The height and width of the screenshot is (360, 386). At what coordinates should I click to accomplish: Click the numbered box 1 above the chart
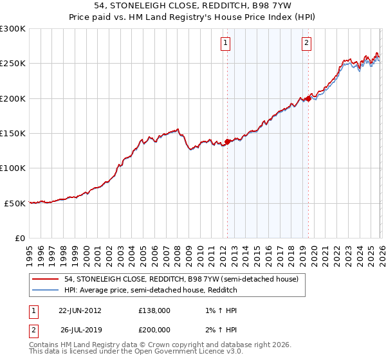click(226, 44)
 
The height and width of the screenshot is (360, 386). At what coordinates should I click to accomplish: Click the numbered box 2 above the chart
click(306, 44)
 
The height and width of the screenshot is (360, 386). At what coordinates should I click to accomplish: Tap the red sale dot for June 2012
click(227, 142)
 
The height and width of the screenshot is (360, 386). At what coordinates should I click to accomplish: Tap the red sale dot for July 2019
click(308, 98)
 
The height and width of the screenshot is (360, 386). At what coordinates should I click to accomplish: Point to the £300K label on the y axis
click(13, 29)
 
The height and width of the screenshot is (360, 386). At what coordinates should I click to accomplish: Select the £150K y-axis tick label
click(13, 134)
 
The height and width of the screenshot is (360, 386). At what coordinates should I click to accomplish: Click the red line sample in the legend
click(46, 280)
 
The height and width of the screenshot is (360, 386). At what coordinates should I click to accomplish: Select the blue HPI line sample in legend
click(46, 290)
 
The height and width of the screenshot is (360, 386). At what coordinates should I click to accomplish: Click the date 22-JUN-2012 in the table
click(80, 310)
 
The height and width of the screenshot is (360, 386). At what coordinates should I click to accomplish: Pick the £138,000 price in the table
click(154, 310)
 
